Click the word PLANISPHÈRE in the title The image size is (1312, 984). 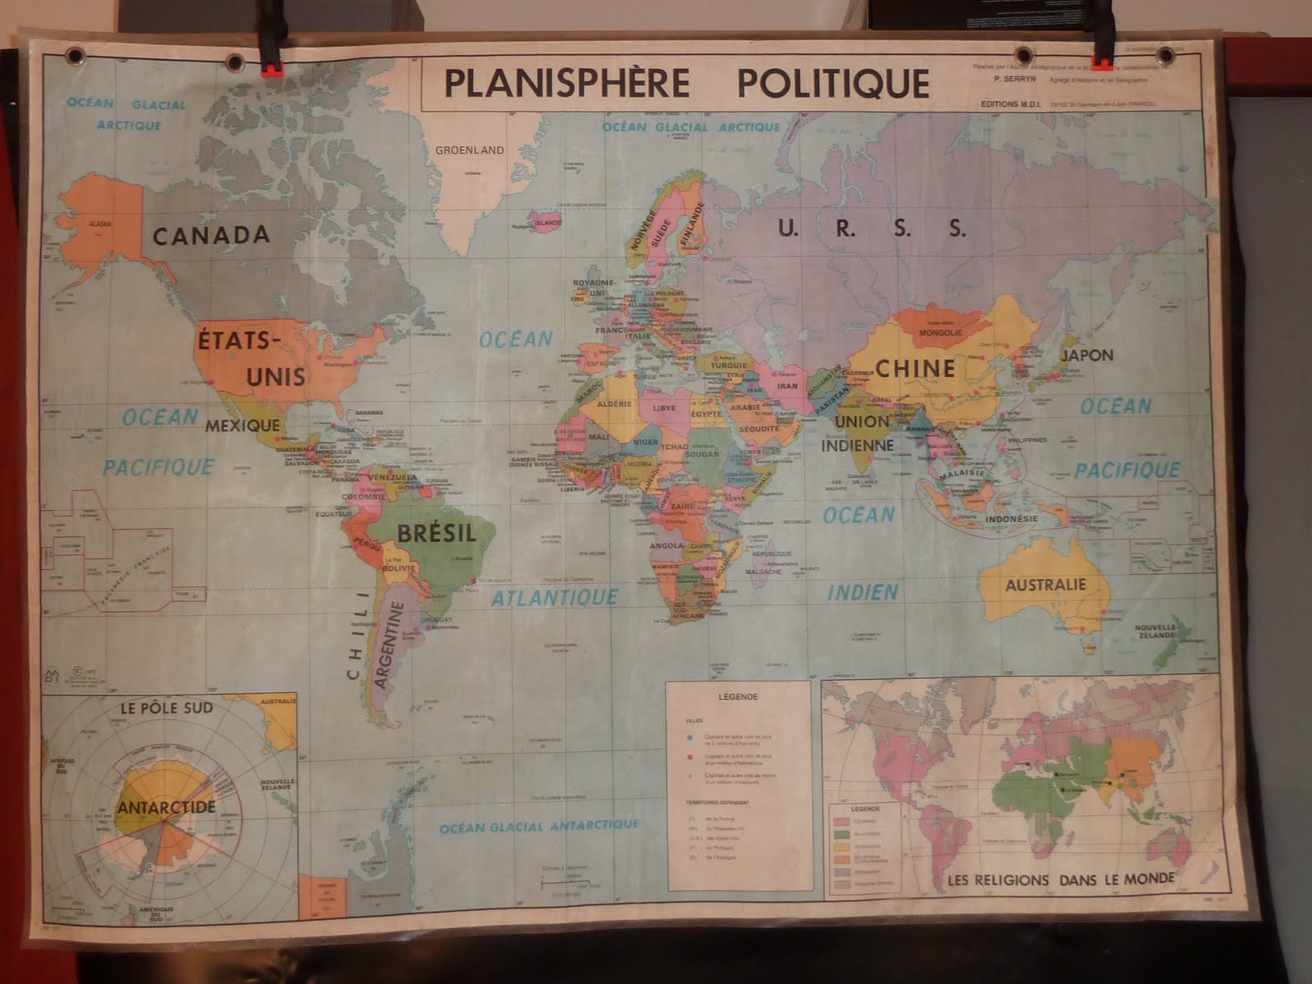click(566, 84)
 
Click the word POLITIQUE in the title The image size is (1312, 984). click(833, 84)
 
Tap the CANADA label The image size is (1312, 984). click(211, 235)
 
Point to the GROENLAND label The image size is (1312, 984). click(469, 150)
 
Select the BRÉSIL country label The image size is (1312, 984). click(436, 533)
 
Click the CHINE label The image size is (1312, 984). click(915, 368)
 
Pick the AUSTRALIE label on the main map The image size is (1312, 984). click(1045, 585)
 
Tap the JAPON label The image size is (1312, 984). click(1087, 355)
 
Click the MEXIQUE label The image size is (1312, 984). click(242, 426)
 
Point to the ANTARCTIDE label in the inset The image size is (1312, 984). click(166, 807)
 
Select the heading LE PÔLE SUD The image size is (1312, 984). click(166, 708)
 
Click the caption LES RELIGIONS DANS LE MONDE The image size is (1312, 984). click(1061, 880)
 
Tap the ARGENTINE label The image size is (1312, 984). click(389, 645)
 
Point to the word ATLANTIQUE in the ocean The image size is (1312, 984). click(554, 598)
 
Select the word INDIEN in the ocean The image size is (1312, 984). click(863, 592)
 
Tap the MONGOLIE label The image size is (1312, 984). click(940, 333)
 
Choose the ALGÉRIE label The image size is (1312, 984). click(614, 403)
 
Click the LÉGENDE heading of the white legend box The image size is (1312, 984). click(738, 697)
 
